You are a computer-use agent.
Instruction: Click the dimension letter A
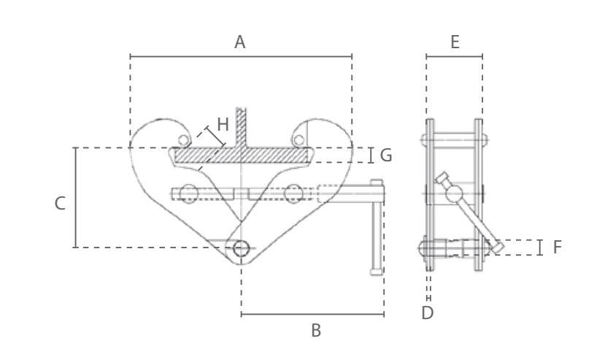pos(239,42)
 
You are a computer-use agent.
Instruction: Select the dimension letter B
pos(315,331)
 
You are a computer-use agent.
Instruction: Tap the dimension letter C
pos(61,203)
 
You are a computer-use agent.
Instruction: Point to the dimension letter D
pos(428,313)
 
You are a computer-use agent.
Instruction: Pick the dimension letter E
pos(455,42)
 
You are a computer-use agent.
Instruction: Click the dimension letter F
pos(557,248)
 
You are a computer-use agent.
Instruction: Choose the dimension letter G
pos(386,156)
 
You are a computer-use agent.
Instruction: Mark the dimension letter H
pos(223,125)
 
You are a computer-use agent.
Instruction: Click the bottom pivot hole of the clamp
pos(241,249)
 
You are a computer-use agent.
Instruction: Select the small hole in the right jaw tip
pos(298,138)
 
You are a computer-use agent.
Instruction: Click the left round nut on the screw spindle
pos(188,194)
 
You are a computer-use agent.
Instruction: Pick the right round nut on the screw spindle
pos(293,194)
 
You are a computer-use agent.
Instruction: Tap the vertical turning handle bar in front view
pos(377,230)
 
